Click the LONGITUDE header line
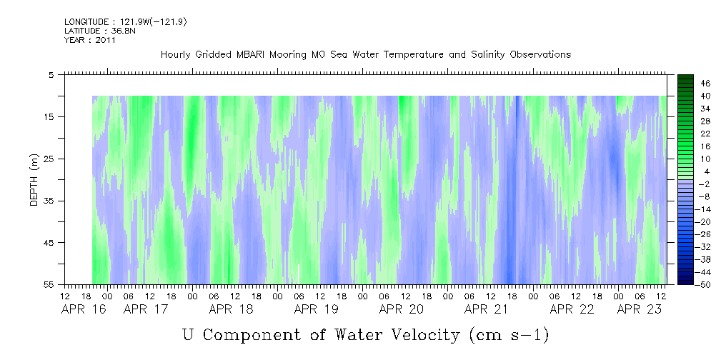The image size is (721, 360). click(126, 22)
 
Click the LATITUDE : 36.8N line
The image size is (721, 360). click(100, 31)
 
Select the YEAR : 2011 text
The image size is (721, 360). click(90, 40)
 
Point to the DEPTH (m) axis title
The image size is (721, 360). click(34, 180)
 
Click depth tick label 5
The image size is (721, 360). click(51, 75)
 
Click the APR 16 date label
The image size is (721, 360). click(84, 309)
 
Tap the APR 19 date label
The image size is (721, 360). click(317, 309)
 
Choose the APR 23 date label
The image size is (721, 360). click(640, 309)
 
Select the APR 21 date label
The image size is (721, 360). click(487, 309)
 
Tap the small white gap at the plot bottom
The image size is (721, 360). click(299, 274)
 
